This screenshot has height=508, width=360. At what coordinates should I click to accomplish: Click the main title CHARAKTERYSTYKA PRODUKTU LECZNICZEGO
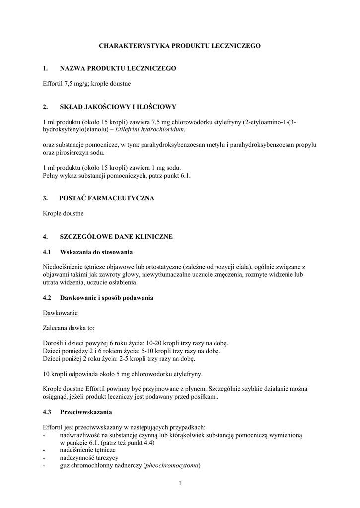tap(180, 46)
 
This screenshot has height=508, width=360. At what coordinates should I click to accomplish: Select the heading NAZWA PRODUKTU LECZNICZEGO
tap(118, 68)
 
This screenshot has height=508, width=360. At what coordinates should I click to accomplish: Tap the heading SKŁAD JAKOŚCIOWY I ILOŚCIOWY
tap(118, 107)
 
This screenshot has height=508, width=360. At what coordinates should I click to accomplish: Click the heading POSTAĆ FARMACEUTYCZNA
tap(107, 198)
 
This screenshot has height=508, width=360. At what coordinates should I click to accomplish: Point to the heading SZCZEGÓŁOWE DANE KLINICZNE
tap(116, 237)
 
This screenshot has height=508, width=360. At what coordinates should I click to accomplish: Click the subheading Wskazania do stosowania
tap(96, 252)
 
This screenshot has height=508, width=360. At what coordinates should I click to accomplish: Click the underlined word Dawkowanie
tap(61, 313)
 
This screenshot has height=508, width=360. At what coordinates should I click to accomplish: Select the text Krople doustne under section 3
tap(64, 213)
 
